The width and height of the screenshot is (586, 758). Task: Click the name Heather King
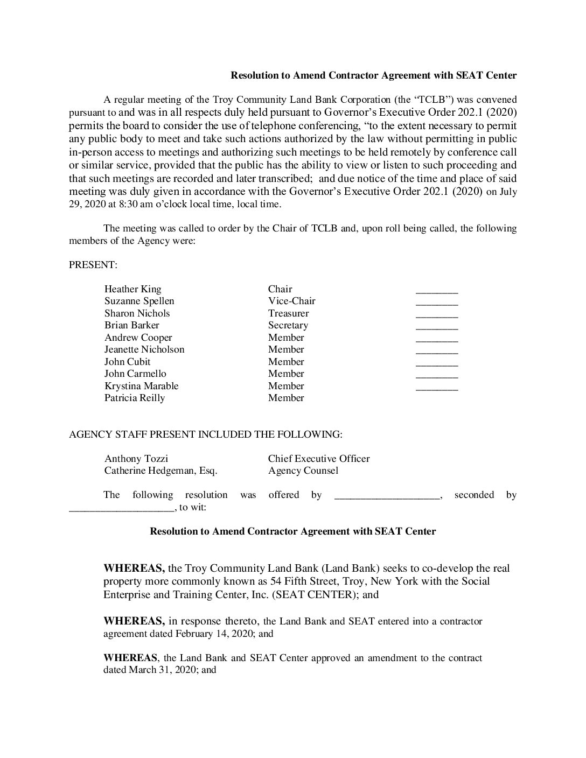coord(132,289)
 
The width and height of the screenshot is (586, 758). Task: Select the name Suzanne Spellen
coord(139,301)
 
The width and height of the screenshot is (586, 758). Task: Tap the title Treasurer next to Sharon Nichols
coord(288,313)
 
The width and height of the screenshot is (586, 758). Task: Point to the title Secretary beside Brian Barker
coord(288,325)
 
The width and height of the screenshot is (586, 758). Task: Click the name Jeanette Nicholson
coord(144,349)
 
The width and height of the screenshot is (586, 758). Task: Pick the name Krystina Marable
coord(141,386)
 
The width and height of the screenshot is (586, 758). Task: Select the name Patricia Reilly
coord(134,398)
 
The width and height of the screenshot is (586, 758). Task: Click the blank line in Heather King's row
coord(437,291)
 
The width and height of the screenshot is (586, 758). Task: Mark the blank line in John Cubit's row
coord(437,363)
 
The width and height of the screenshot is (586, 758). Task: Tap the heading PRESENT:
coord(93,265)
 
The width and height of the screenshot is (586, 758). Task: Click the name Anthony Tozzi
coord(136,459)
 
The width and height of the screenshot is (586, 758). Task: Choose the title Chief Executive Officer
coord(319,459)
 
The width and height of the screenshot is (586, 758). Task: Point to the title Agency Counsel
coord(303,471)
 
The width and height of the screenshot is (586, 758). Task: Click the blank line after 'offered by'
coord(387,496)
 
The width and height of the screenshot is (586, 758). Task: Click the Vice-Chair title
coord(291,301)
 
